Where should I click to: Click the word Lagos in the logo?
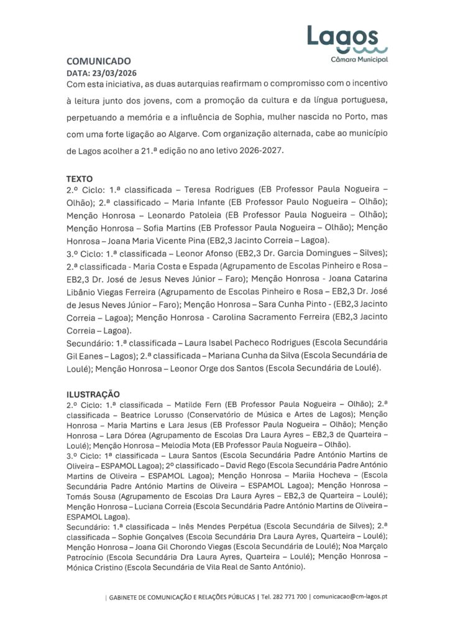(x=342, y=35)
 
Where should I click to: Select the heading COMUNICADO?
(x=99, y=61)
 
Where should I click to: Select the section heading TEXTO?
(x=80, y=178)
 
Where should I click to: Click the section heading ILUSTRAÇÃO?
(x=93, y=393)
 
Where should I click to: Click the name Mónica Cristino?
(x=95, y=568)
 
